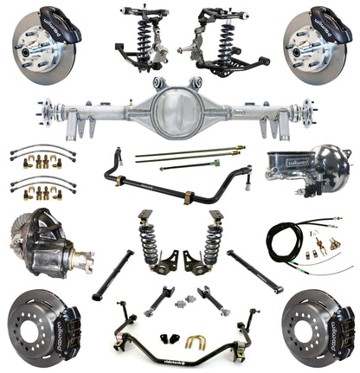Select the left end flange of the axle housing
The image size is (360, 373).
45,111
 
